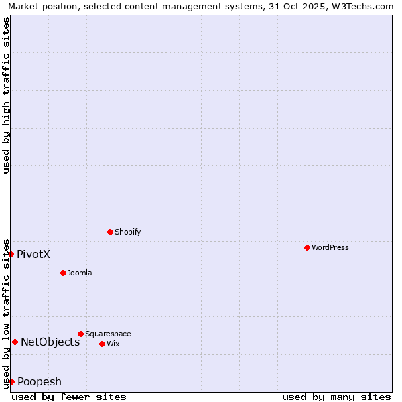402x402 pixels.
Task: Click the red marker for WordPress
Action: (307, 247)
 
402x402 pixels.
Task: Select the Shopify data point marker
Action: (110, 232)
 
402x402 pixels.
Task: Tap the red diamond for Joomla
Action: (63, 273)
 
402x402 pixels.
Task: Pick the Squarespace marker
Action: (80, 334)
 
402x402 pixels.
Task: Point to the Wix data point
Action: (102, 344)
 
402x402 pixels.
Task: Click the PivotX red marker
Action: (11, 254)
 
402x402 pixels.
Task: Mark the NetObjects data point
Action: (15, 342)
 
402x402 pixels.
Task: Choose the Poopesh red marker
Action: (11, 381)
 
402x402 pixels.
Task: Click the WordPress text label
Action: (330, 247)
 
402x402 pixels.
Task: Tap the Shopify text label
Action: (128, 232)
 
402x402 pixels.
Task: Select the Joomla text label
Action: (80, 273)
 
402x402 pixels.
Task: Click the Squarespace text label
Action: (108, 334)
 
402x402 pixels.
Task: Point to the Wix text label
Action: (113, 344)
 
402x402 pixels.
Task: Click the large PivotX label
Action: (33, 254)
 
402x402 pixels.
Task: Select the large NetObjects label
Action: (50, 342)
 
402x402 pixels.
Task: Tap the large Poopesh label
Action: (40, 381)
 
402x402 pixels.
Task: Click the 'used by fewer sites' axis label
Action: (69, 397)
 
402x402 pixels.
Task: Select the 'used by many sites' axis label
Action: (336, 397)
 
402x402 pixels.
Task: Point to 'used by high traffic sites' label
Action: (6, 95)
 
